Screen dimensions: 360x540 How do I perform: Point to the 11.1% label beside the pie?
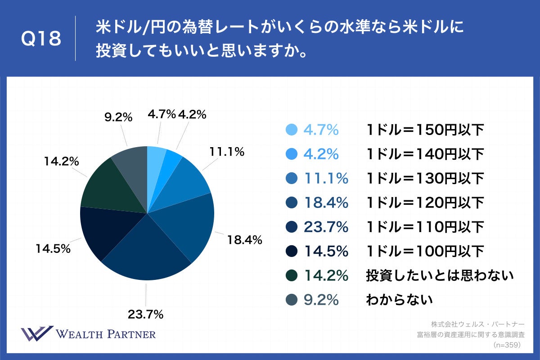227,152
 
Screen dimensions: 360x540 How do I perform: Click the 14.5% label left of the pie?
54,248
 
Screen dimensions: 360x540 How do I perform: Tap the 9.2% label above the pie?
118,117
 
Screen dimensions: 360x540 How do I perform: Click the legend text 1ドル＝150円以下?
424,130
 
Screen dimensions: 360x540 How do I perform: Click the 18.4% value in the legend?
326,203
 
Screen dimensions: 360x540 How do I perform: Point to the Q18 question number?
41,39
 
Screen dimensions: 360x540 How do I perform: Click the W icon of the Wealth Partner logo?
37,333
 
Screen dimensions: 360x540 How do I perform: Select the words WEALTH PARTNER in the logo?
106,334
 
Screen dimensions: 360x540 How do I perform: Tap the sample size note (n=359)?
507,345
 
